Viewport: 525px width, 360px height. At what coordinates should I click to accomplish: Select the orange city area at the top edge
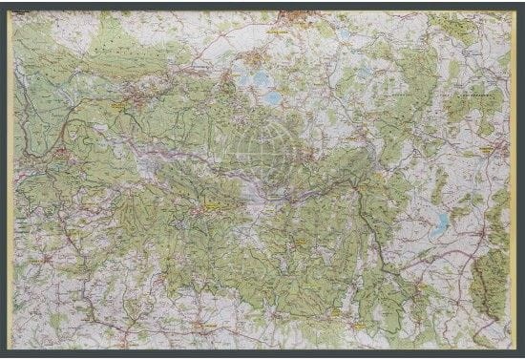click(x=298, y=16)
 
